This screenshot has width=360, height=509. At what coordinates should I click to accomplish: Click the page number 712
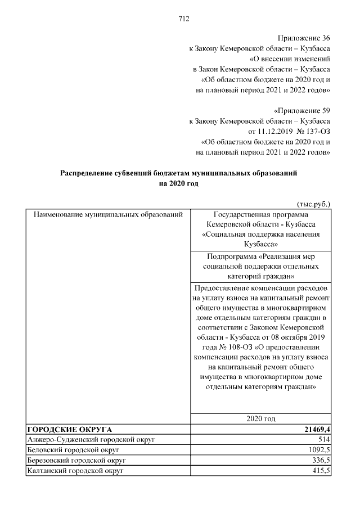(183, 19)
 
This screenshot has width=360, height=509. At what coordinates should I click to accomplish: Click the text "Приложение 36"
(304, 38)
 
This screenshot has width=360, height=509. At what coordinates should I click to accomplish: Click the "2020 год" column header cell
(260, 419)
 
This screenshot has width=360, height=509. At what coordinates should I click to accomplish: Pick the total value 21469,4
(314, 429)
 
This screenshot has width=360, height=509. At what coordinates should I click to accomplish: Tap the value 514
(323, 439)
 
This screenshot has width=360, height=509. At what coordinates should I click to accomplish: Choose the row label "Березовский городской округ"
(78, 460)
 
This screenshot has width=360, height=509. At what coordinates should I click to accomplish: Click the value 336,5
(320, 460)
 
